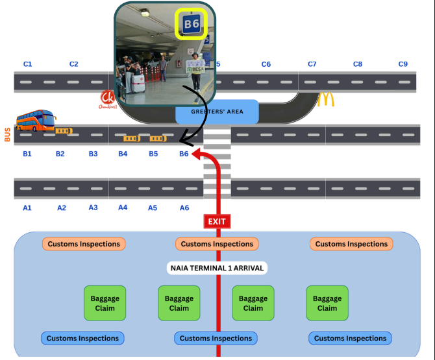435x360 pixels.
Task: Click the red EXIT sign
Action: coord(217,221)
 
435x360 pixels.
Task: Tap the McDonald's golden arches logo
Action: coord(326,99)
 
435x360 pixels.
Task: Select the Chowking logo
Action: coord(108,99)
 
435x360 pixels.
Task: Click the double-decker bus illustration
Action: coord(36,120)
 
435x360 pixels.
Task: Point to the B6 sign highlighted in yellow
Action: coord(192,24)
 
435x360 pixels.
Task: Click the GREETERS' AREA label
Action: coord(217,112)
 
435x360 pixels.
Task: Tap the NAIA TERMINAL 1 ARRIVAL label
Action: coord(217,268)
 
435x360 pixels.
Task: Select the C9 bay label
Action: coord(403,64)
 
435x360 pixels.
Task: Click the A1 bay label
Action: coord(27,208)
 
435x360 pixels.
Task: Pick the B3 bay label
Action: coord(93,154)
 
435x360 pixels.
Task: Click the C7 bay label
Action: coord(312,64)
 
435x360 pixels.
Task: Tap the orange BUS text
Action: coord(8,134)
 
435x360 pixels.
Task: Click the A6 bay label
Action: coord(184,208)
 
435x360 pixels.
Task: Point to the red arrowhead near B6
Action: coord(197,154)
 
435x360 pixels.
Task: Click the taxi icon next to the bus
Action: coord(64,130)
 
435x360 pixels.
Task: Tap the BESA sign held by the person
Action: coord(195,67)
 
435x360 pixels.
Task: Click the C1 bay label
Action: coord(27,64)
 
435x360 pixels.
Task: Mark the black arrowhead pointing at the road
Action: coord(185,141)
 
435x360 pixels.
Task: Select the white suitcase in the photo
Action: coord(138,84)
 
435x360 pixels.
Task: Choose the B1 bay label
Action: coord(27,154)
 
